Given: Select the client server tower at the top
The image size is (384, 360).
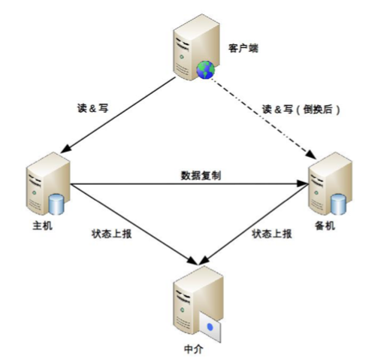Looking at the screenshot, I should coord(190,50).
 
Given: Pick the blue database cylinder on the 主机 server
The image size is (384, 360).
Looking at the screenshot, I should coord(56,204).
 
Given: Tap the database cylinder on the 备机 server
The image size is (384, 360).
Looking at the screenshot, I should coord(338,203).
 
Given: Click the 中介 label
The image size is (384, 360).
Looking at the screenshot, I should coord(192,350).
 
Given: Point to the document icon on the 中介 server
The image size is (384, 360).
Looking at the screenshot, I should coord(210,326).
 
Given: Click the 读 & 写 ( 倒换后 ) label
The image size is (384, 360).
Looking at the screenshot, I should coord(301,108).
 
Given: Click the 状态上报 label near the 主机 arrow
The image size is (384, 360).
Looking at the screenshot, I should coord(110,234).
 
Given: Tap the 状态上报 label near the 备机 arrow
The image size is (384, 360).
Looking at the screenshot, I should coord(272,234).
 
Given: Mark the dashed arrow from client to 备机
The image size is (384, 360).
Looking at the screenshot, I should coord(263,116).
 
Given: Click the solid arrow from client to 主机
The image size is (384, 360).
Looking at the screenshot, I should coord(120,116).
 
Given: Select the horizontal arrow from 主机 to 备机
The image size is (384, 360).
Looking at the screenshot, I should coord(188,183).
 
